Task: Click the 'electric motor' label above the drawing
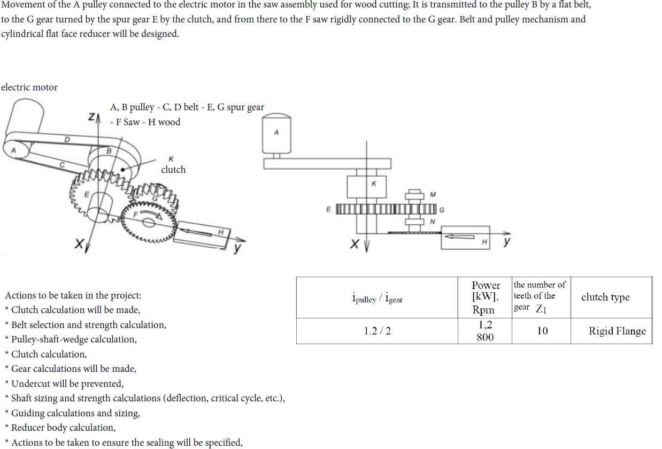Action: point(29,87)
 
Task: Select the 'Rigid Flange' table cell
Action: point(617,331)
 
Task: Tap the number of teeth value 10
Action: point(542,331)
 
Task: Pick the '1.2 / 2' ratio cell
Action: point(377,331)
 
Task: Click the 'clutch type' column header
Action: point(605,298)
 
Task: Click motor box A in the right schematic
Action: point(276,134)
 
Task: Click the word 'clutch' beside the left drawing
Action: point(173,170)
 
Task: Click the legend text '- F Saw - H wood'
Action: point(145,122)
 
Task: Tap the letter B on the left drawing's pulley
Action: point(110,151)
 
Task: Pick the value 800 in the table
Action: point(485,338)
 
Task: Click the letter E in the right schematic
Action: point(329,209)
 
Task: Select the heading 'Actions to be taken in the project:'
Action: point(73,295)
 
